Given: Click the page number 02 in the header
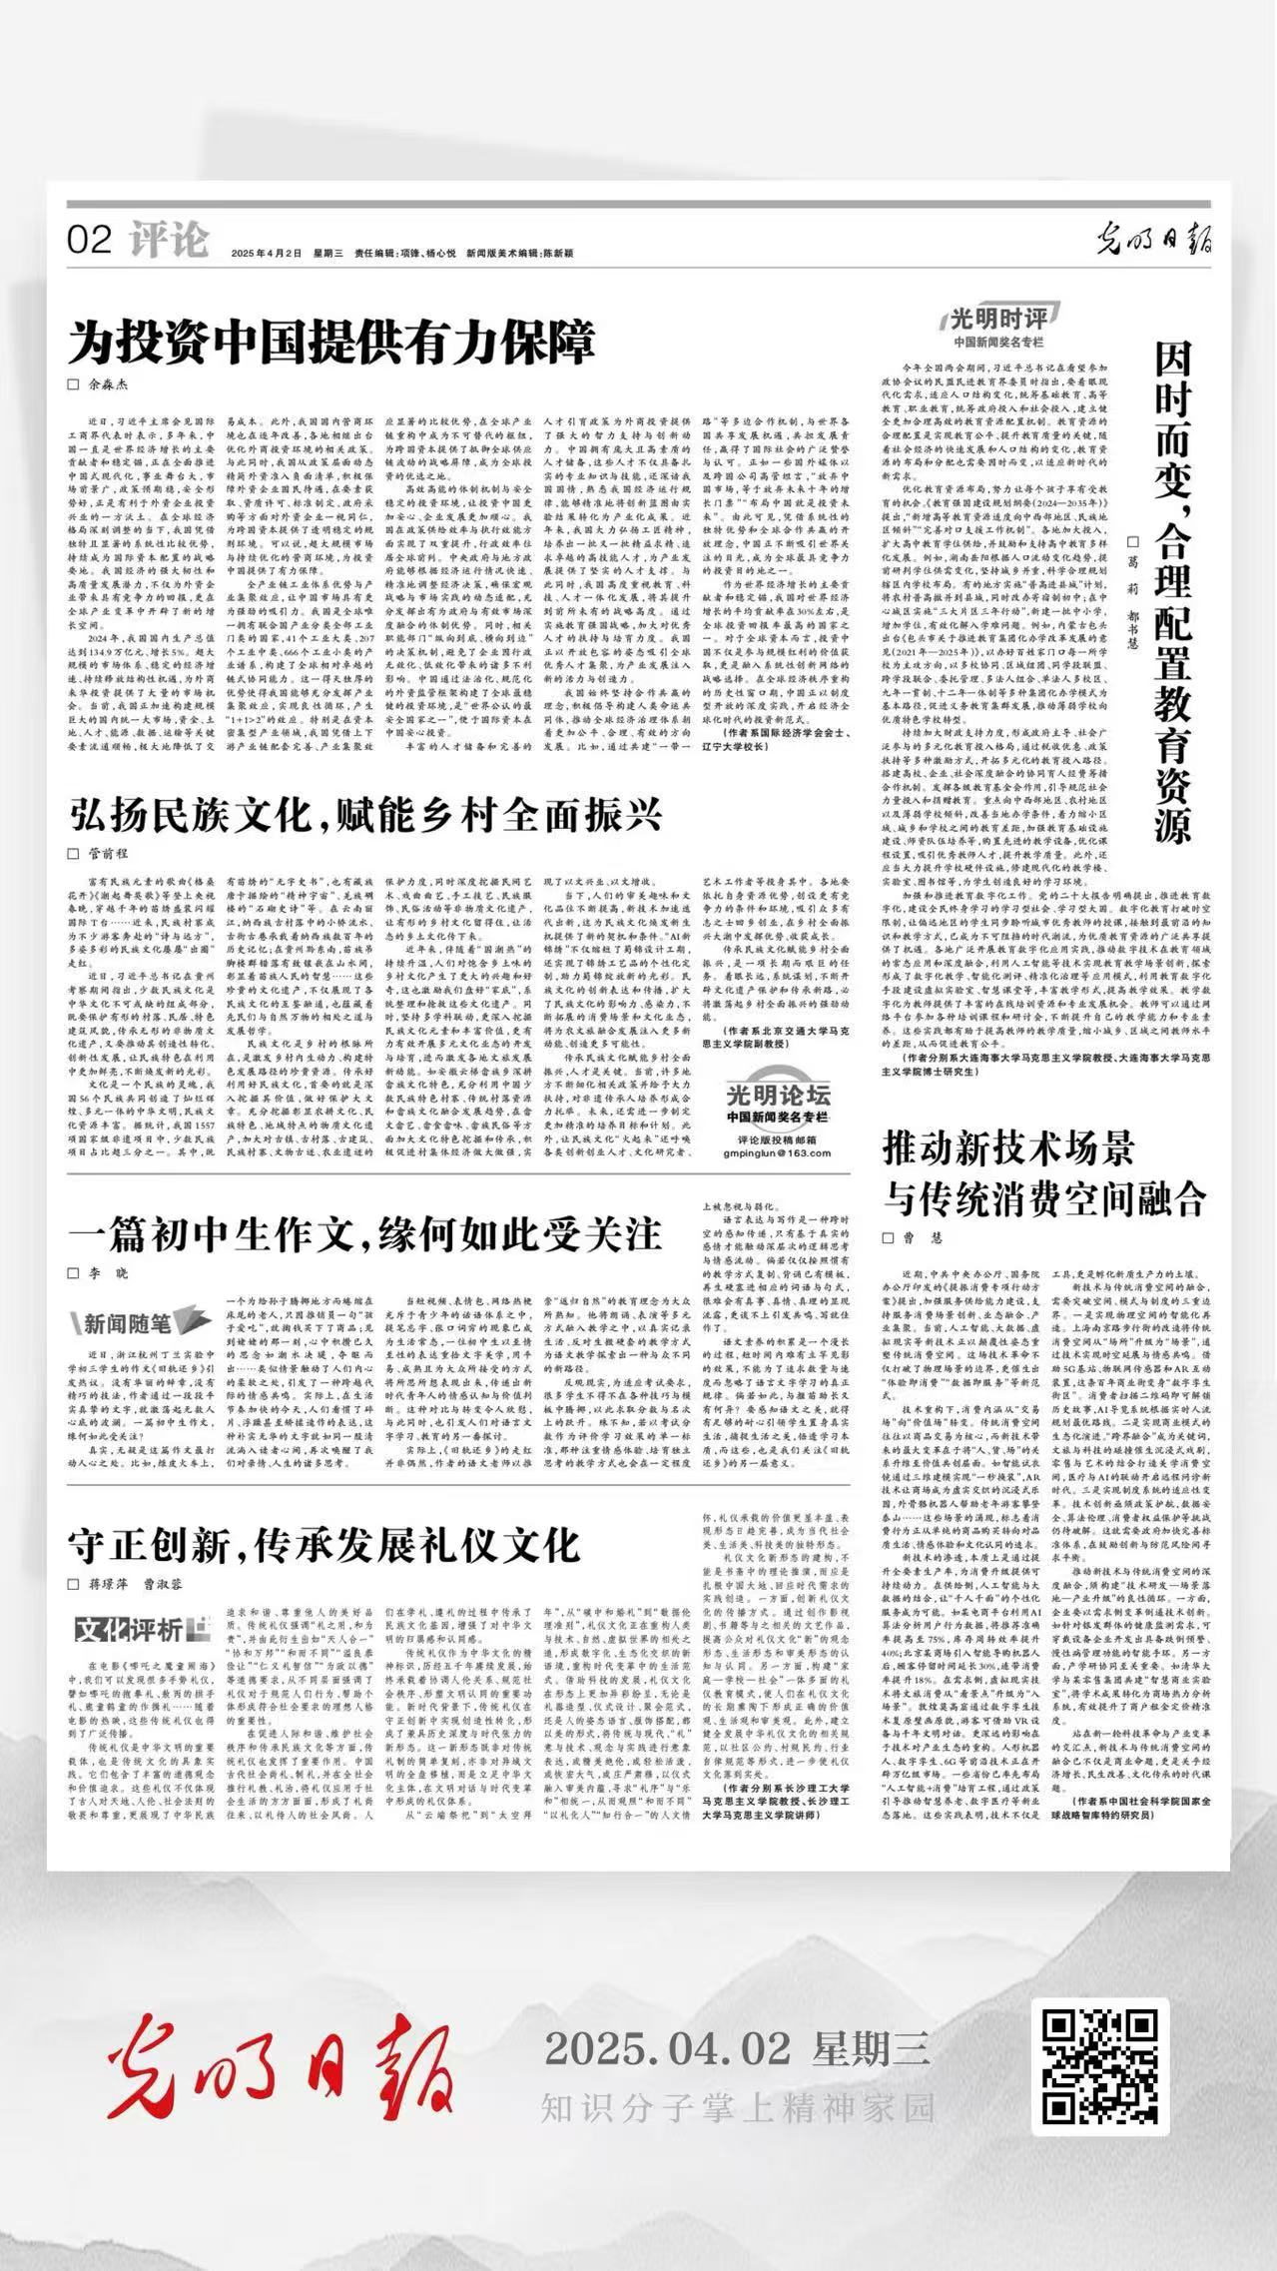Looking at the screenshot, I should [x=89, y=241].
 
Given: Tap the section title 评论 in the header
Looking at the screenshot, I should [x=169, y=240].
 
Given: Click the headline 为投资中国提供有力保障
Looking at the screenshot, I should [x=331, y=343].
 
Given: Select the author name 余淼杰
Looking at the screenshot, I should [x=109, y=384].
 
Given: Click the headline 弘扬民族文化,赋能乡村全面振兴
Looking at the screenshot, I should [x=365, y=815].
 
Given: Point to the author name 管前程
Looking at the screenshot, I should [x=109, y=853].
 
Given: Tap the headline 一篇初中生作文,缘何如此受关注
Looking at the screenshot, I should [x=364, y=1234].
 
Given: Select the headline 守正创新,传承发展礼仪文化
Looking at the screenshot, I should [x=323, y=1545].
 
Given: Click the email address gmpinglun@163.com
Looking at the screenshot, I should [x=777, y=1152].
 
